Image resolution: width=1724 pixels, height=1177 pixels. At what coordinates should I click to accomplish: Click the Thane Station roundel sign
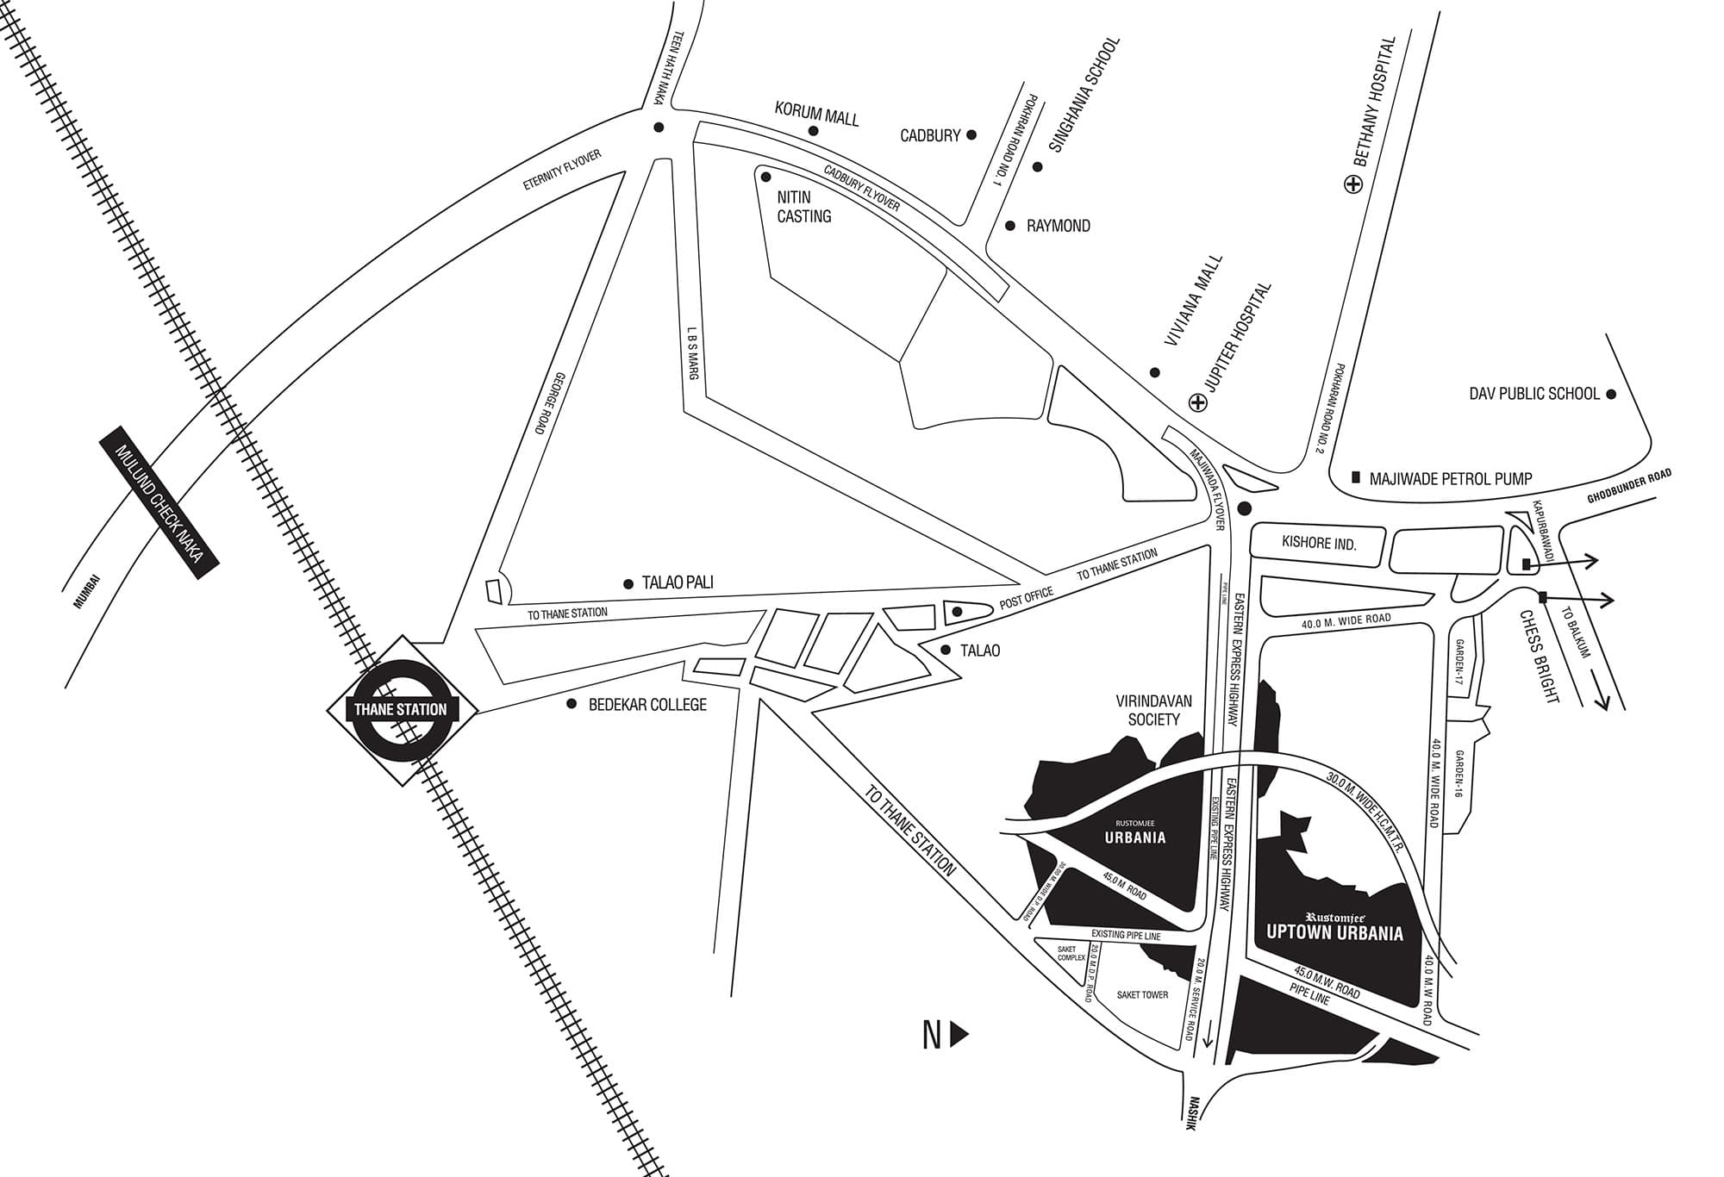pos(401,710)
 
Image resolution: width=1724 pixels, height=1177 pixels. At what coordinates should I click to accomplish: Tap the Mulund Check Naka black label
pos(160,503)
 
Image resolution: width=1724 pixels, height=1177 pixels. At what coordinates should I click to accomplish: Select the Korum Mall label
pos(816,114)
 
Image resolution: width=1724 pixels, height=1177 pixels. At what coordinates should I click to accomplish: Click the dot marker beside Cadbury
pos(971,134)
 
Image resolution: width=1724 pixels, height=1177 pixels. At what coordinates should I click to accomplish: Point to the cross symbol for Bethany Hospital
pos(1353,184)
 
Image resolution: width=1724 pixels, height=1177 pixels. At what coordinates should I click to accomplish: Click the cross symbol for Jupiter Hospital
pos(1197,402)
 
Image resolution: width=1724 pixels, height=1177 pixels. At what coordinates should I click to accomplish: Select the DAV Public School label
pos(1534,394)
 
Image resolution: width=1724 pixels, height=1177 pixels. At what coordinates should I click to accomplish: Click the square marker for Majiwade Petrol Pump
pos(1356,476)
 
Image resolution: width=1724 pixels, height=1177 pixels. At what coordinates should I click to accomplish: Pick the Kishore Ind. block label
pos(1319,545)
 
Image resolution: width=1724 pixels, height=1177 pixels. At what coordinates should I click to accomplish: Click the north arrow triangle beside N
pos(959,1035)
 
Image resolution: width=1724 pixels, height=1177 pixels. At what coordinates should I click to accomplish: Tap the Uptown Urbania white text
pos(1334,932)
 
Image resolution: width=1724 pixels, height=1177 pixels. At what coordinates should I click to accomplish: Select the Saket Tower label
pos(1142,994)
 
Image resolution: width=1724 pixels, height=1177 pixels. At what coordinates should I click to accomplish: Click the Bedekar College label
pos(647,705)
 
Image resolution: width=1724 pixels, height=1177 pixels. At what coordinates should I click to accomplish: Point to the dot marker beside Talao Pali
pos(628,584)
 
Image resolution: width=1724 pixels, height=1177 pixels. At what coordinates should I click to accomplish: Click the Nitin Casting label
pos(803,207)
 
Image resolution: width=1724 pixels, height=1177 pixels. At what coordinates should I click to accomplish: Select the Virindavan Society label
pos(1153,710)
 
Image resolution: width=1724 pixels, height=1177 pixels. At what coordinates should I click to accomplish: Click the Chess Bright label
pos(1540,657)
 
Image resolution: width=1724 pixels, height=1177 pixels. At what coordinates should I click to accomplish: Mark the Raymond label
pos(1058,226)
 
